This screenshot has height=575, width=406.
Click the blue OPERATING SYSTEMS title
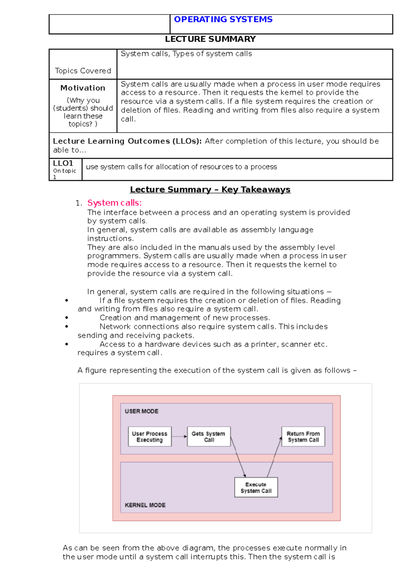coord(223,20)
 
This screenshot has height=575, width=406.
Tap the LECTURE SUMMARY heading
coord(210,39)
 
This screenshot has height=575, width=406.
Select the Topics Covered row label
coord(83,71)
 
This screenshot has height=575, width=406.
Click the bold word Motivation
coord(83,88)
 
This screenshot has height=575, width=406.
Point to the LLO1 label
coord(63,163)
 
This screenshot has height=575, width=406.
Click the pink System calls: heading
coord(114,203)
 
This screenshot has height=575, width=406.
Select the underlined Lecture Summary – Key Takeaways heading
coord(210,190)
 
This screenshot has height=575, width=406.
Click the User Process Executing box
coord(150,436)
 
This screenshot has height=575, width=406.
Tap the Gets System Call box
coord(208,436)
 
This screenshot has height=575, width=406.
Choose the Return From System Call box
coord(303,436)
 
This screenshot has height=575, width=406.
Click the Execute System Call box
coord(256,487)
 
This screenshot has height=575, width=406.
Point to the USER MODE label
coord(141,411)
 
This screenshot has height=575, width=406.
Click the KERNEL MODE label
coord(145,505)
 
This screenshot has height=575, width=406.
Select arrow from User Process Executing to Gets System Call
coord(179,436)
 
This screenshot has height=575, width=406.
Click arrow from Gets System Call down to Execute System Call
coord(238,457)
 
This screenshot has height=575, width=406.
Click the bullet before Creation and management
coord(67,318)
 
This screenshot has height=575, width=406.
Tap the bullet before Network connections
coord(67,327)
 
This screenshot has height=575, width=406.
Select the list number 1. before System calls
coord(79,203)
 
